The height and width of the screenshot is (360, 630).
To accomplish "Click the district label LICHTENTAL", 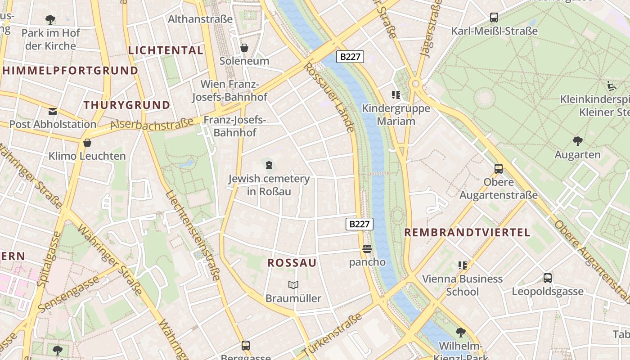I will [x=166, y=50].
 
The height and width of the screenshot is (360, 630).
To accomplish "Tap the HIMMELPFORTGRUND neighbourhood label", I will [x=70, y=71].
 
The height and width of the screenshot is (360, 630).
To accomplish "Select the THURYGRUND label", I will [x=127, y=105].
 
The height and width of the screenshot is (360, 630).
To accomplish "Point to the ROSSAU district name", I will [x=292, y=263].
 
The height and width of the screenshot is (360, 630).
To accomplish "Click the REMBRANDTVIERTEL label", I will [x=467, y=233].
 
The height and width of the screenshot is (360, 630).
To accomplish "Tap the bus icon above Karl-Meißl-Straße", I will [x=494, y=18].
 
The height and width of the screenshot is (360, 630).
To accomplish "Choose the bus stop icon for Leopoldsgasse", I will [x=548, y=278].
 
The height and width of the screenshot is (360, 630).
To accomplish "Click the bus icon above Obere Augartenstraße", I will [x=499, y=169].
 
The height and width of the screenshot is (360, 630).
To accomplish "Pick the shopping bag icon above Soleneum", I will [x=244, y=47].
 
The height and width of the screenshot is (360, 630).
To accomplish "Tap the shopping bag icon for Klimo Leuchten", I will [x=87, y=143].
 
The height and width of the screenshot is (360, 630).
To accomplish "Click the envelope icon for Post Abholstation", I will [x=53, y=111].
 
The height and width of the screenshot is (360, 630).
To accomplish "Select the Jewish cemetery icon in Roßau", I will [x=269, y=165].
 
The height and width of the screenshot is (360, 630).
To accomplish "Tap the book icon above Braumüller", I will [x=293, y=285].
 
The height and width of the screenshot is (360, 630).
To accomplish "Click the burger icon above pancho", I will [x=367, y=249].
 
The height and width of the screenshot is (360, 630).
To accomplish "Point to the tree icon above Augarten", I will [x=577, y=141].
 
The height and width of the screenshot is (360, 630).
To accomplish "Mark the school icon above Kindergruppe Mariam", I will [x=396, y=95].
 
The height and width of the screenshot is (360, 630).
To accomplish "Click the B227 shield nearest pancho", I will [x=360, y=224].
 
